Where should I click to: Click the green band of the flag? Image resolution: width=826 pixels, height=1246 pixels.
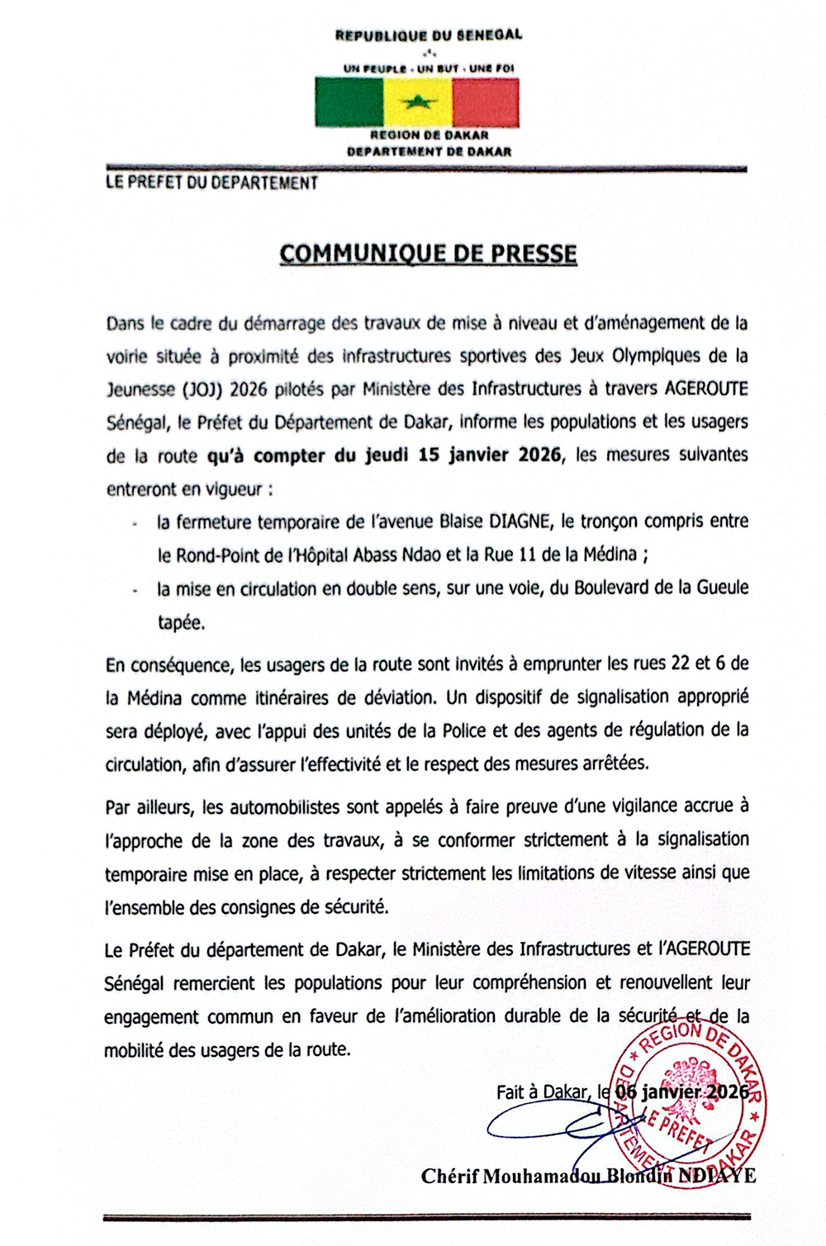[x=349, y=102]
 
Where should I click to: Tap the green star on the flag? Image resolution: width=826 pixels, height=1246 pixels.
[x=418, y=103]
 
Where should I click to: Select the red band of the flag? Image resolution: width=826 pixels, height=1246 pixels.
[x=486, y=102]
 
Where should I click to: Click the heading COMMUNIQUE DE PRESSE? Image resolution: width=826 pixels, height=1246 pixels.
[x=428, y=254]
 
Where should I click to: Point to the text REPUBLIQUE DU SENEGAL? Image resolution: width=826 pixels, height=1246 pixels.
[x=429, y=36]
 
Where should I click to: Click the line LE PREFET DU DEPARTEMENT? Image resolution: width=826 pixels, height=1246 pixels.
[x=211, y=183]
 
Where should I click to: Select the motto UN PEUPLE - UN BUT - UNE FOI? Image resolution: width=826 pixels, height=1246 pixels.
[x=429, y=68]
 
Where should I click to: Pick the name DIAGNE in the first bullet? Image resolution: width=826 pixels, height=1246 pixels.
[x=521, y=521]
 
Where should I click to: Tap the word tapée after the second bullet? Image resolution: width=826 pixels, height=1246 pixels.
[x=181, y=622]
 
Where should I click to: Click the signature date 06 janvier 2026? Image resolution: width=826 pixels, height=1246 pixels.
[x=682, y=1091]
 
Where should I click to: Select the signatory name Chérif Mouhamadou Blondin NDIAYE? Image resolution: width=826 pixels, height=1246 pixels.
[x=588, y=1175]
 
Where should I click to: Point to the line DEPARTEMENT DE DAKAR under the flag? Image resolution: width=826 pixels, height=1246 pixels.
[x=429, y=151]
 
